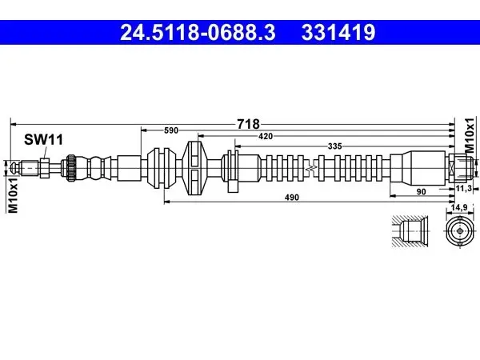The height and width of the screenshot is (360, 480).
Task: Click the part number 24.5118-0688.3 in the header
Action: (198, 33)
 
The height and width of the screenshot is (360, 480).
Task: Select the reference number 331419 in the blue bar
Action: (338, 33)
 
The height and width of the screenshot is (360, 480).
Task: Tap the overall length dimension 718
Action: (248, 124)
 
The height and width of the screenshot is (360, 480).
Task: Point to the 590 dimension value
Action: (171, 130)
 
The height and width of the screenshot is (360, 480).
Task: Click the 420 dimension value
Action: (266, 137)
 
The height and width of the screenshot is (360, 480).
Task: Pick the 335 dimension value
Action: (334, 146)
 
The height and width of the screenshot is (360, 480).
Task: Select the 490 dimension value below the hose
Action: (292, 198)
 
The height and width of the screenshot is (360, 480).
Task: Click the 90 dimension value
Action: (422, 192)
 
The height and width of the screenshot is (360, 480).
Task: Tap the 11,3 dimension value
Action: (463, 189)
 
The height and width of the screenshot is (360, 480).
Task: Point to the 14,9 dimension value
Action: (459, 208)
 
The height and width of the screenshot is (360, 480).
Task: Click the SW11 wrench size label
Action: (43, 139)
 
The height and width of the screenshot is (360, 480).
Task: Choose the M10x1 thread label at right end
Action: (470, 135)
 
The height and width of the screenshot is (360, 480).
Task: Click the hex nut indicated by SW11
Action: (44, 168)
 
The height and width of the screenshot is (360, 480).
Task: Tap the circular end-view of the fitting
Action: (459, 231)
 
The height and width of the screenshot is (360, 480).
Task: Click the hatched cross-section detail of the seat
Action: (410, 231)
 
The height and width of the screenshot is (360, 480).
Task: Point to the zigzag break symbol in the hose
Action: (311, 168)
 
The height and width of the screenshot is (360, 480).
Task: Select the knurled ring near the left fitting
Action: (71, 168)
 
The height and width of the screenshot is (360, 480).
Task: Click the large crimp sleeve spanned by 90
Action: (418, 168)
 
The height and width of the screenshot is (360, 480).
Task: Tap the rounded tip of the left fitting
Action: (13, 168)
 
